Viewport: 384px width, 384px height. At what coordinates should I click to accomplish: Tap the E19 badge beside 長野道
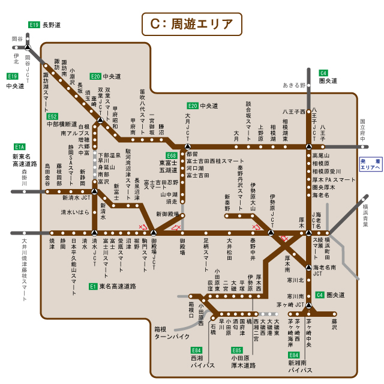coord(34,25)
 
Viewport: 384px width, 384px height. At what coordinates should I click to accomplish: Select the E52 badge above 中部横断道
coord(53,116)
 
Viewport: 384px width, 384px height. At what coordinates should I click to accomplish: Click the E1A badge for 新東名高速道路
coord(20,146)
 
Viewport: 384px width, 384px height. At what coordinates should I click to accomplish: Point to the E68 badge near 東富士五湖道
coord(172,155)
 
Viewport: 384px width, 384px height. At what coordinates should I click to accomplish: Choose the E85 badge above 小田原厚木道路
coord(236,350)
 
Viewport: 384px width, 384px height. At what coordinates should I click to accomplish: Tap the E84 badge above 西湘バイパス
coord(196,350)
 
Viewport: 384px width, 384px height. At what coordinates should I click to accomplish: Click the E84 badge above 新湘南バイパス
coord(293,355)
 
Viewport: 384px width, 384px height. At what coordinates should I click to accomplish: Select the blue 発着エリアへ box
coord(370,164)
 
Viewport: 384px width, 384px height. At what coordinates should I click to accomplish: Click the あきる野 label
coord(295,85)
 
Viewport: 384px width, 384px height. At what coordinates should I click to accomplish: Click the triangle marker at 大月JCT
coord(188,146)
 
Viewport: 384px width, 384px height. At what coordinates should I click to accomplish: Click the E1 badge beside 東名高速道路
coord(93,286)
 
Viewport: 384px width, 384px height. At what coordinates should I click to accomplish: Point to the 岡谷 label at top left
coord(17,38)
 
